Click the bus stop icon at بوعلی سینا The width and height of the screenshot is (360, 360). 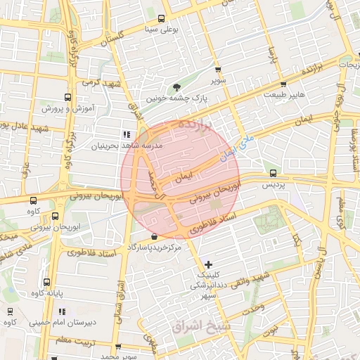[x=162, y=19]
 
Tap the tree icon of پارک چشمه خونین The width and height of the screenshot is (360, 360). [x=176, y=88]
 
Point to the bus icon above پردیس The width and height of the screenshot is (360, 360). [x=273, y=173]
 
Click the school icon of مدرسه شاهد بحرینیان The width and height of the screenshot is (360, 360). [x=126, y=134]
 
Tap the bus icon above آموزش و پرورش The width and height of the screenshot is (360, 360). [x=67, y=98]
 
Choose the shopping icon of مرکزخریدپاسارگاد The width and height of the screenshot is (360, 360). [x=154, y=237]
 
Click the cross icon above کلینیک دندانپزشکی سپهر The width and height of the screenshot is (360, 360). [x=207, y=264]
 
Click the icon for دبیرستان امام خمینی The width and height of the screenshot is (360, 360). [x=63, y=311]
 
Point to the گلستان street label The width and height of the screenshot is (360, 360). [x=111, y=34]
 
